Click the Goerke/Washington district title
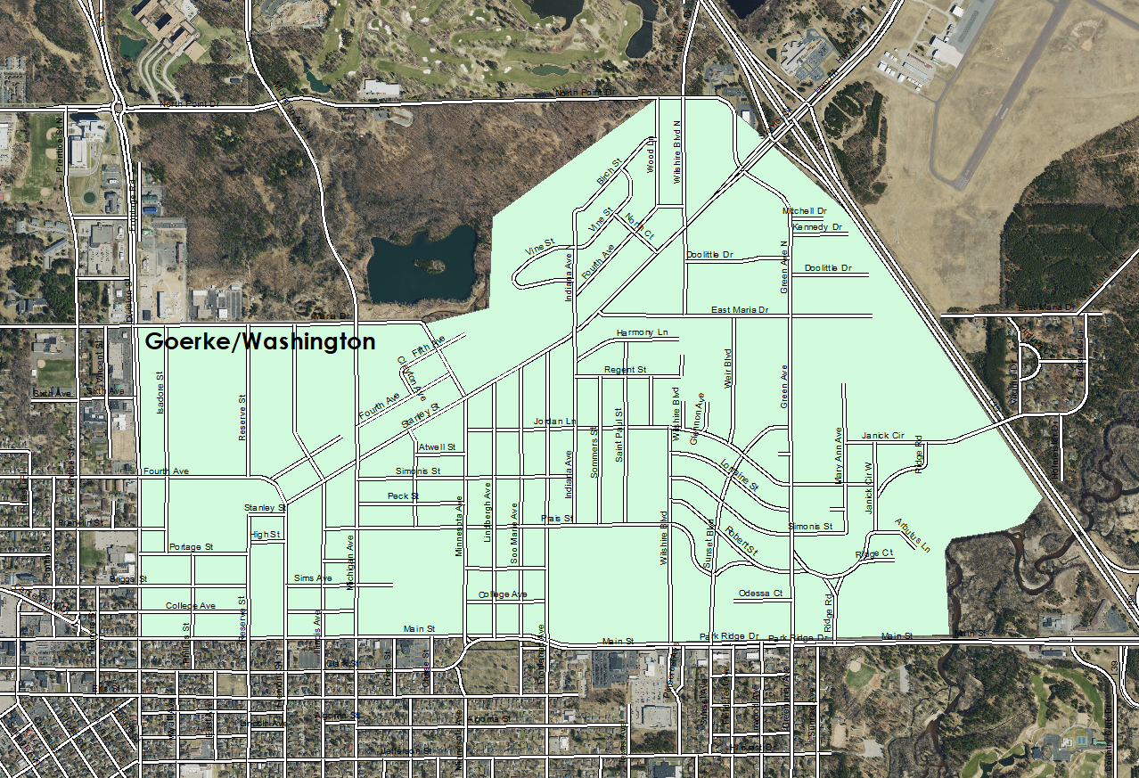click(x=259, y=341)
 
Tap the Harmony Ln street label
click(x=641, y=332)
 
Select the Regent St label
click(x=625, y=369)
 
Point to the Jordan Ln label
click(x=554, y=421)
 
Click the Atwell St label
click(x=437, y=446)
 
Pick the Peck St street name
click(x=403, y=495)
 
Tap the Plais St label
click(x=555, y=518)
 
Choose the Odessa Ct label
click(x=760, y=594)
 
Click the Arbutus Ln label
click(x=912, y=535)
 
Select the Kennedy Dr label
click(x=817, y=227)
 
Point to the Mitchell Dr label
click(x=804, y=211)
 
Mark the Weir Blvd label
click(x=728, y=369)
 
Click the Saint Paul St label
click(x=619, y=434)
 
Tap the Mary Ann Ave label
click(x=838, y=455)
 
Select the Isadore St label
click(x=161, y=392)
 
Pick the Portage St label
click(x=191, y=546)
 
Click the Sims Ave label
click(x=313, y=578)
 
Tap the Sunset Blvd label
click(x=710, y=545)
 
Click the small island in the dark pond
click(x=431, y=265)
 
